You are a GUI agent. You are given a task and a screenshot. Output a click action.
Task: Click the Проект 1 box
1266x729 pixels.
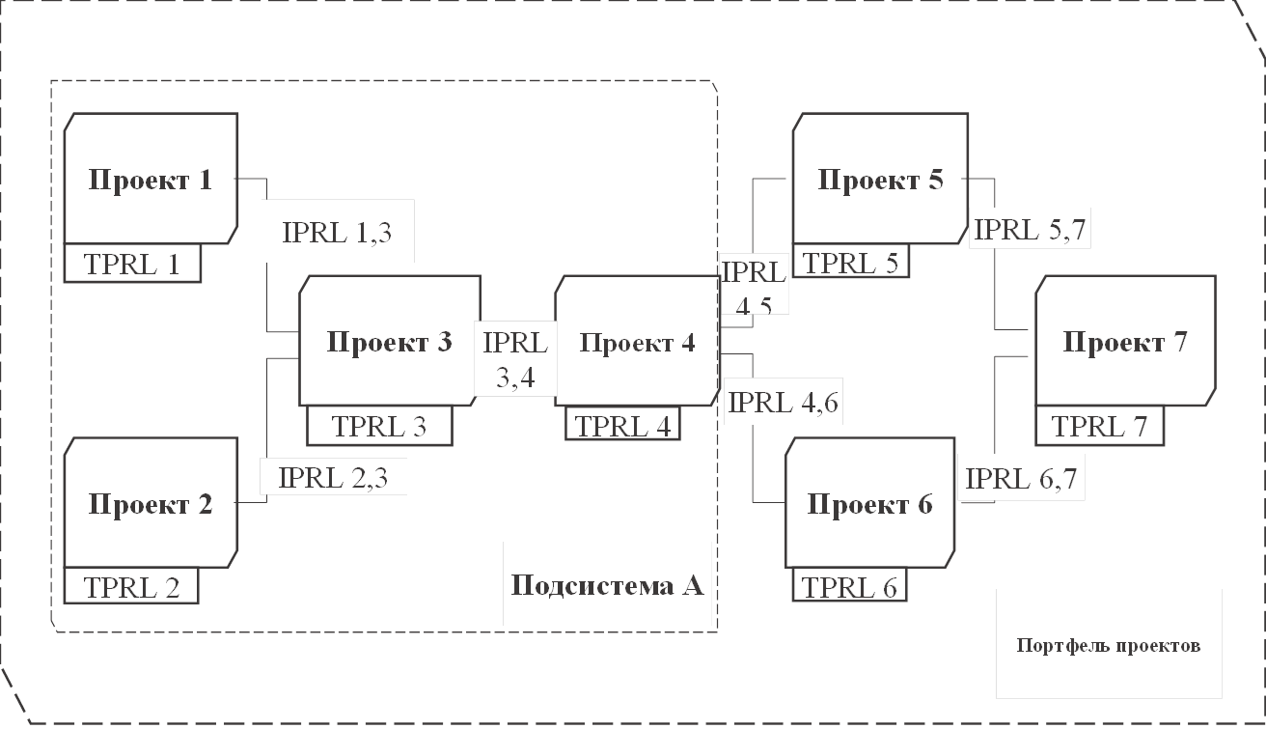[150, 179]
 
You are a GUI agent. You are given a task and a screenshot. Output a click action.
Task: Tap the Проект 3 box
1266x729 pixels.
[390, 341]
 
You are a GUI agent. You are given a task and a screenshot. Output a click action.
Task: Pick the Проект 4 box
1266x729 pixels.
[637, 341]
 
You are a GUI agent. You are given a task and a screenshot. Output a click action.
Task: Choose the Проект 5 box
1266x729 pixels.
[880, 179]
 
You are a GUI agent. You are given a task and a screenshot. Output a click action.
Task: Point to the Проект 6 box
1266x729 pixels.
[870, 503]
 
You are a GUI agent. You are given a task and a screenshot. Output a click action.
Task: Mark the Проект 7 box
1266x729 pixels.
[1125, 341]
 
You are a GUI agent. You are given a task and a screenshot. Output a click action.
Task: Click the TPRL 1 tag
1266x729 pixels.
[132, 263]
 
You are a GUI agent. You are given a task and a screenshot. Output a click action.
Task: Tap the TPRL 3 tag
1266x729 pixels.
[379, 425]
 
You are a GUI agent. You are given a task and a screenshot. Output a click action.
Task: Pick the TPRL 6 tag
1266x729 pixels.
[850, 586]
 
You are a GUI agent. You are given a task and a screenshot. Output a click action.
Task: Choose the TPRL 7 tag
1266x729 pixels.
[1099, 425]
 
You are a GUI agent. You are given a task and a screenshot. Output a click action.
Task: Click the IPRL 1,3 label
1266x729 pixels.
[338, 231]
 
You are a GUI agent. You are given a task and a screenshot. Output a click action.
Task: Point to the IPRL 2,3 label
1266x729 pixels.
[333, 477]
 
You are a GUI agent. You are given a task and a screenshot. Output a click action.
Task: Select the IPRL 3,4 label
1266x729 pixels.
[515, 359]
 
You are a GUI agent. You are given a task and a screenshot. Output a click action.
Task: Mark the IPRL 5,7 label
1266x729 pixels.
[1032, 230]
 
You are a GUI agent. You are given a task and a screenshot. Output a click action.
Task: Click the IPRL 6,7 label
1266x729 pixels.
[1021, 477]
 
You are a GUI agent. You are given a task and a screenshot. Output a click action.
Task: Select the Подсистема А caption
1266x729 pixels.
[606, 585]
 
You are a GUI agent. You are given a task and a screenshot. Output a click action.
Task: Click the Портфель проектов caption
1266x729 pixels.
[1108, 644]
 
